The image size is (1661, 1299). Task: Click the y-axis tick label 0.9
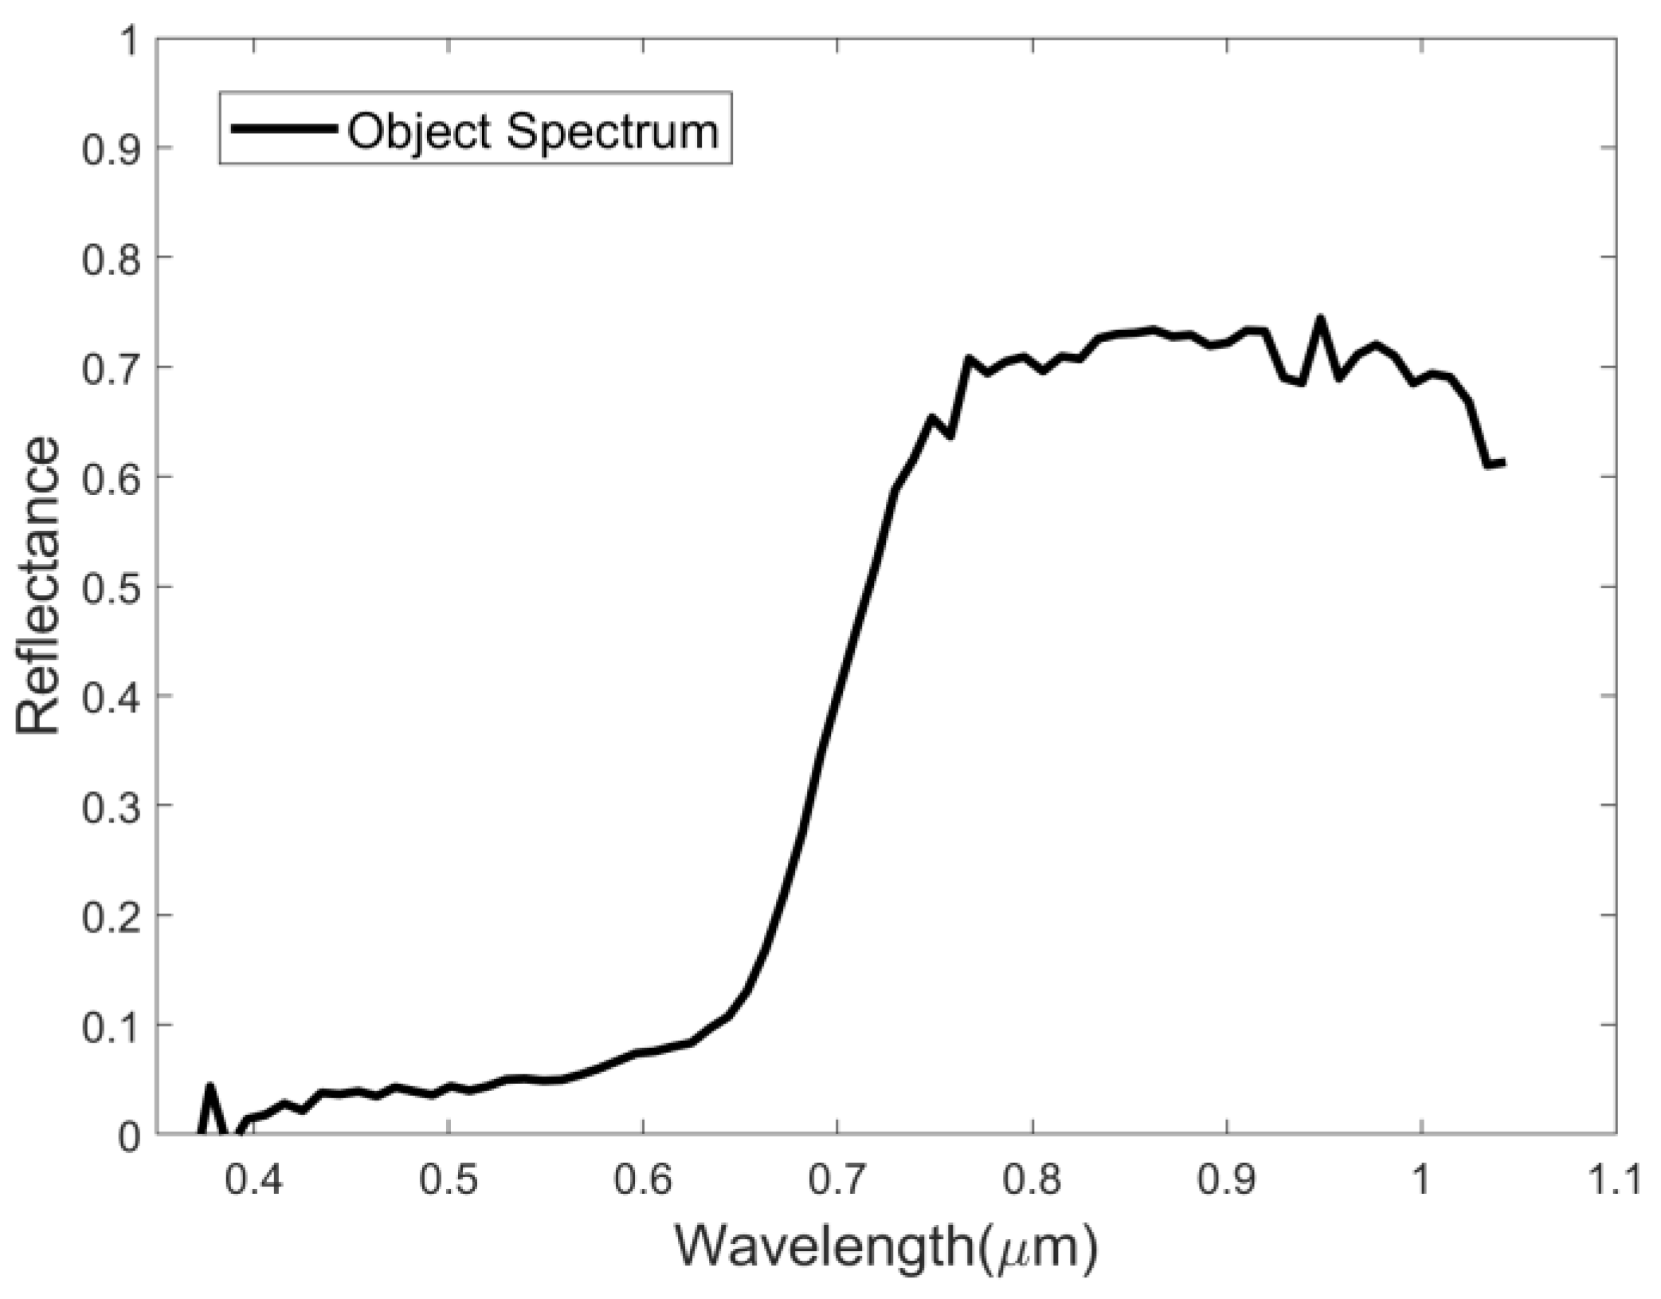(x=108, y=148)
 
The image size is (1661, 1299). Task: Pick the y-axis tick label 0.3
(x=108, y=806)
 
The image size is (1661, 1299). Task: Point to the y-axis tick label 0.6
(x=108, y=477)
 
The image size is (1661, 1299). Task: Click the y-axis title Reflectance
(x=38, y=586)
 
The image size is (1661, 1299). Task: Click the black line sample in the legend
(x=283, y=129)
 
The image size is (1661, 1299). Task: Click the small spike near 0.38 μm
(x=210, y=1086)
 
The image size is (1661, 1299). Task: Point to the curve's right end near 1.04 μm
(x=1501, y=462)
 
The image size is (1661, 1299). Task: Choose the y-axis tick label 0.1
(x=108, y=1025)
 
